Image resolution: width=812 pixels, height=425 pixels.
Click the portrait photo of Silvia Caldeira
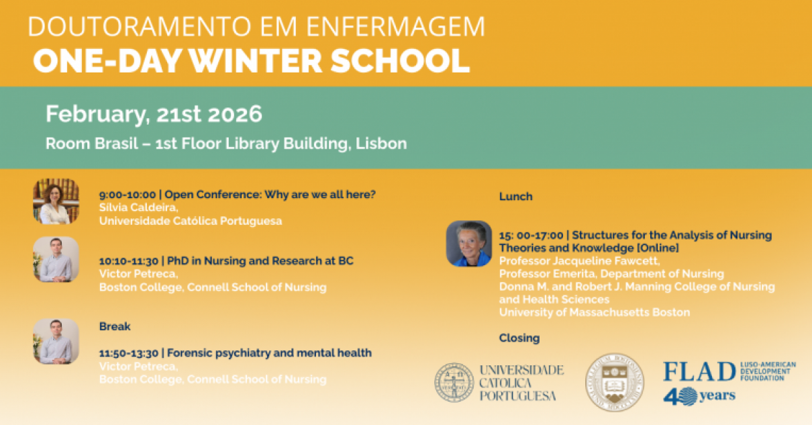click(56, 201)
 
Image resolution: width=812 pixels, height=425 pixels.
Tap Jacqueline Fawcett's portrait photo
click(468, 243)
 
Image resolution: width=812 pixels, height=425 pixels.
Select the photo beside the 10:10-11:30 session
click(56, 259)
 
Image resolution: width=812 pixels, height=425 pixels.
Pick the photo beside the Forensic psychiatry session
click(56, 340)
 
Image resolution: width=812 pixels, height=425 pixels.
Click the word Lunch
click(515, 197)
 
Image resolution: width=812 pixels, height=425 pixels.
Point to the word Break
click(115, 326)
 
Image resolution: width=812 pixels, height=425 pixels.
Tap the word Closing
click(519, 338)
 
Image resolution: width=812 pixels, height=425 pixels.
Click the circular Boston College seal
click(614, 382)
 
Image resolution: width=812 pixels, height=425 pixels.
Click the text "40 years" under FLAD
click(699, 396)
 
